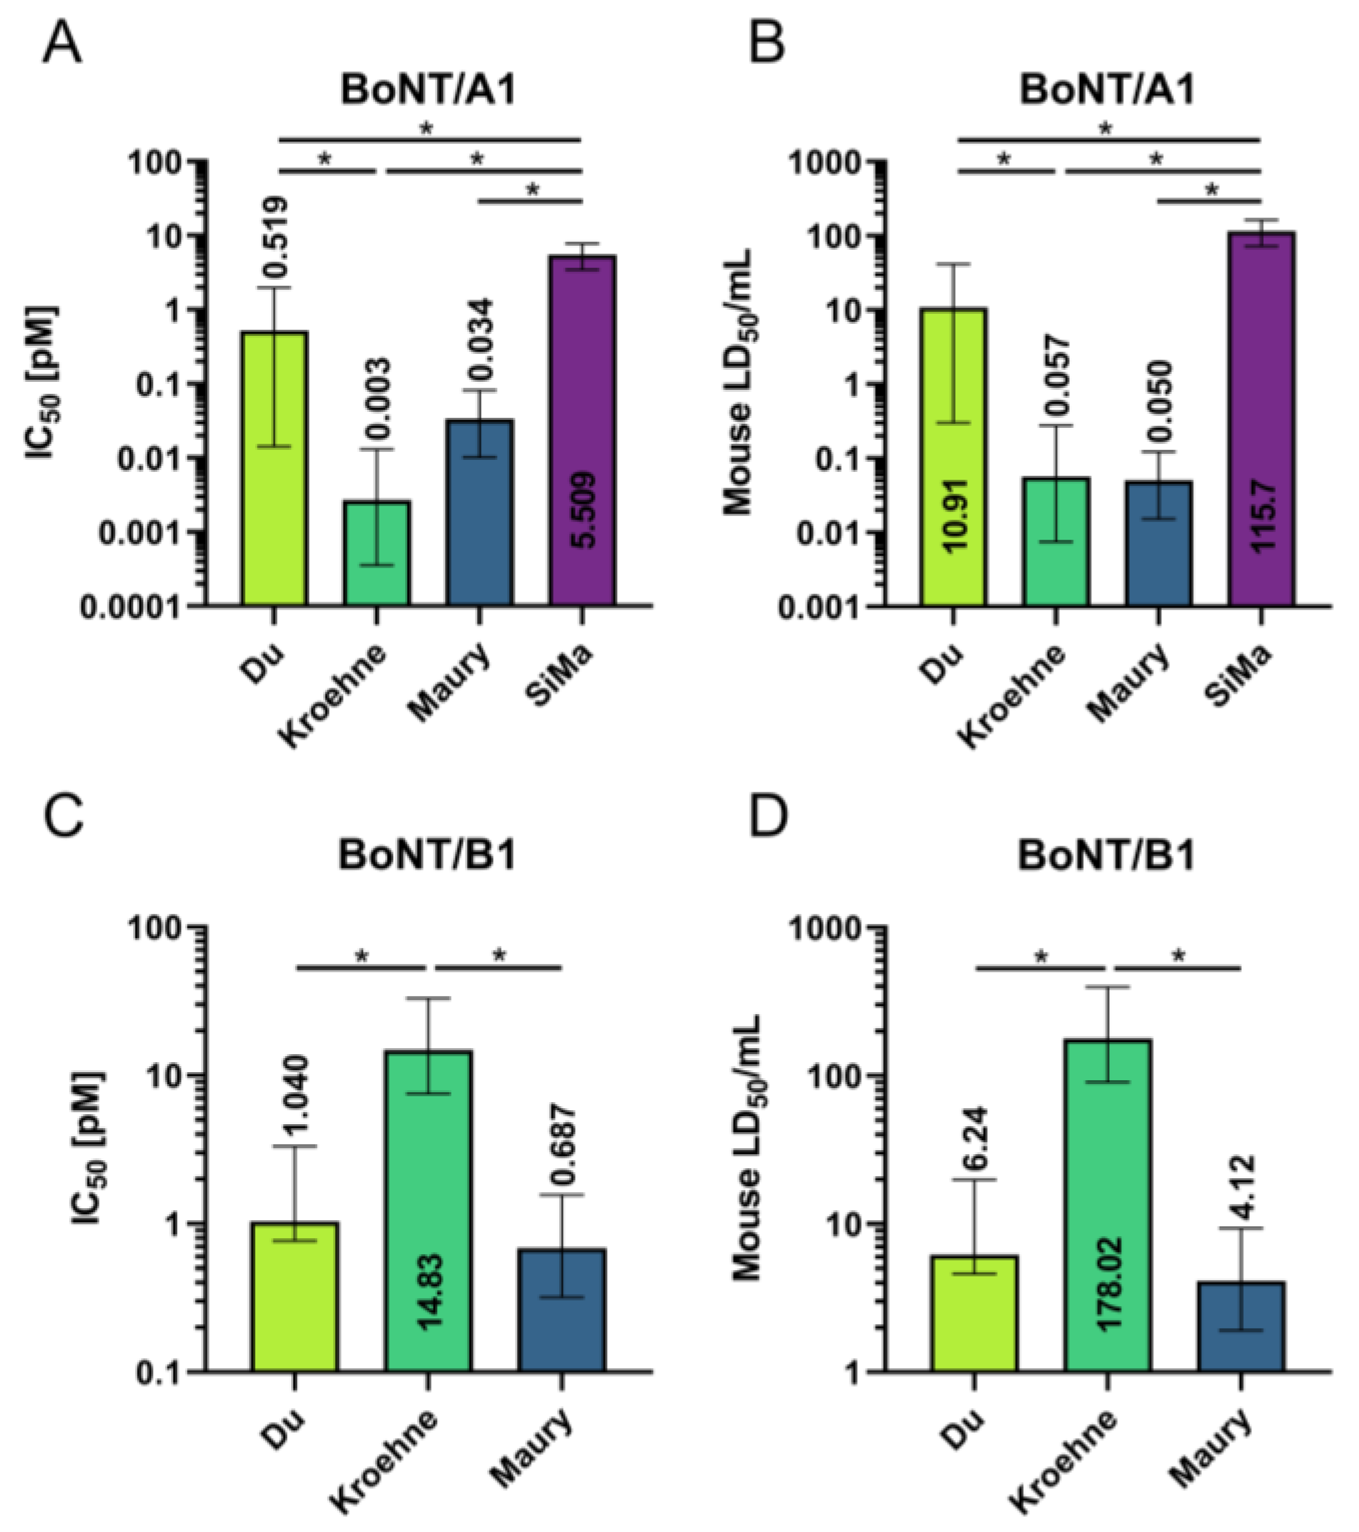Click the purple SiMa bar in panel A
[582, 390]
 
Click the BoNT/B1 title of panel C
[428, 855]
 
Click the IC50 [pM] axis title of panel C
[89, 1151]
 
